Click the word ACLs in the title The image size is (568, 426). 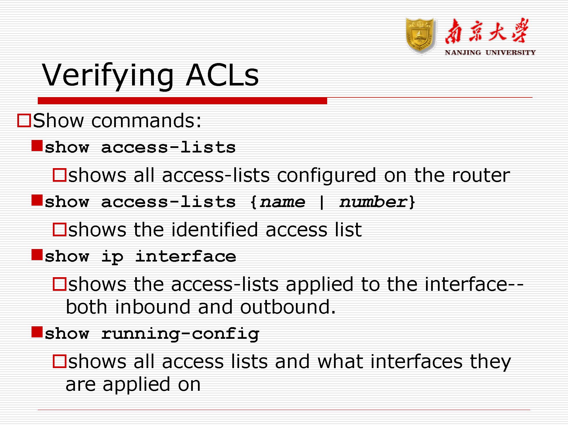click(222, 74)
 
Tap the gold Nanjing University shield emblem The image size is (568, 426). click(421, 36)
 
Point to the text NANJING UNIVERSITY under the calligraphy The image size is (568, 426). click(490, 53)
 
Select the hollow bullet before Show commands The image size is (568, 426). click(24, 120)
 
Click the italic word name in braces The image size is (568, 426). click(282, 202)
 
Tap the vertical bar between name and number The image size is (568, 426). click(321, 202)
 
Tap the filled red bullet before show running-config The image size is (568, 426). click(37, 332)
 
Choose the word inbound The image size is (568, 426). click(153, 307)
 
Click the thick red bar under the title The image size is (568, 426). click(182, 101)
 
